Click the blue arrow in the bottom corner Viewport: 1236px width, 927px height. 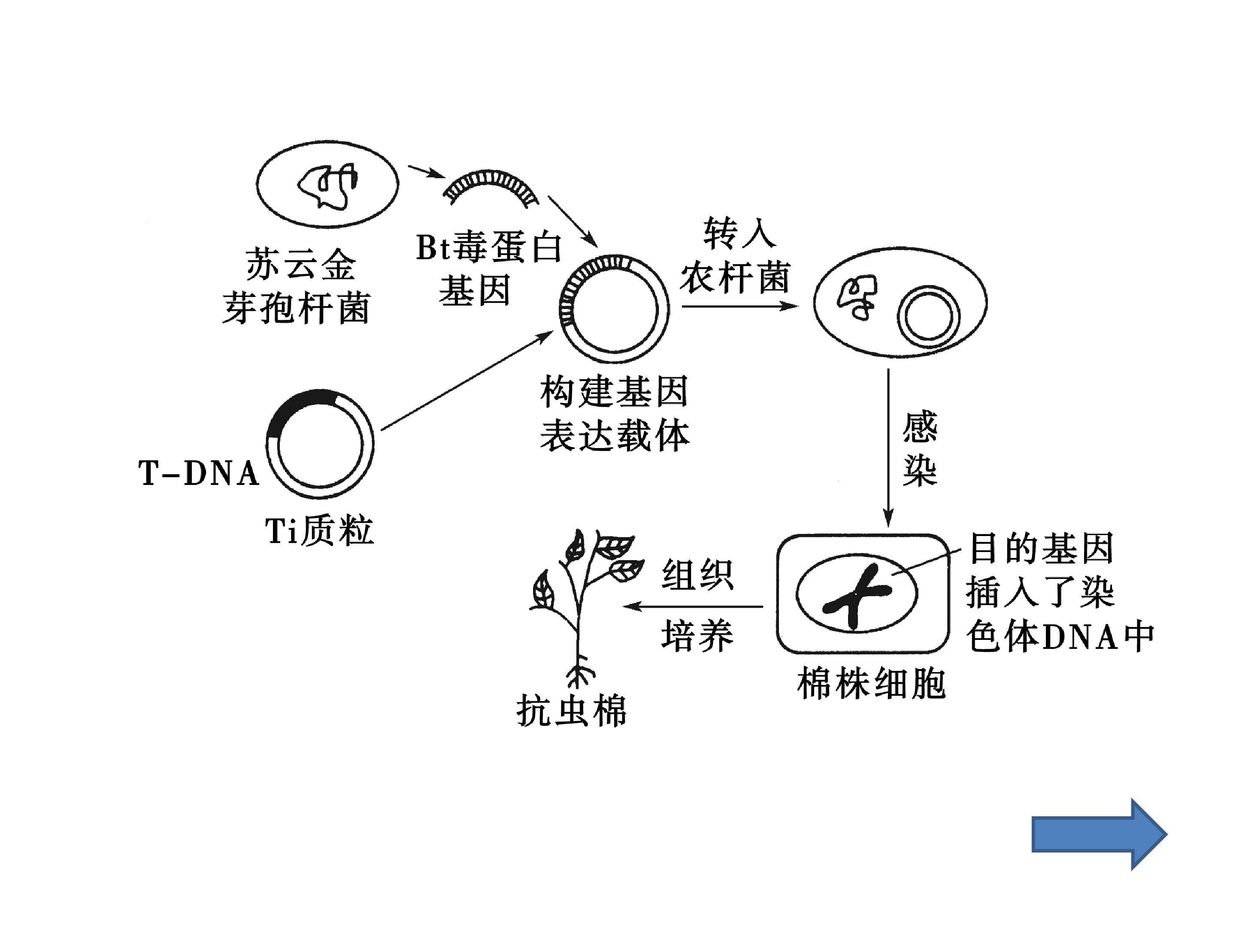pos(1099,834)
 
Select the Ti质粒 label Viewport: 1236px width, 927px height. pos(319,530)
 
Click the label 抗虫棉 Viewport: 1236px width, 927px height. pos(571,711)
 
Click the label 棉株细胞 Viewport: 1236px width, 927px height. pos(870,682)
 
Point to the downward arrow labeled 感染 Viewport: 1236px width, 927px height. pos(888,448)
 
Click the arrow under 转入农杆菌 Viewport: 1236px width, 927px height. pos(740,306)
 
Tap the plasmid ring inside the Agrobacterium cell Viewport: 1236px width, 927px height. pos(928,316)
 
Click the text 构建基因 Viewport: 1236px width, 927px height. pos(614,392)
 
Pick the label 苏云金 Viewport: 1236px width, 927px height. pos(300,264)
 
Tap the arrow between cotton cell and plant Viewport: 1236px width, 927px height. pos(693,606)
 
